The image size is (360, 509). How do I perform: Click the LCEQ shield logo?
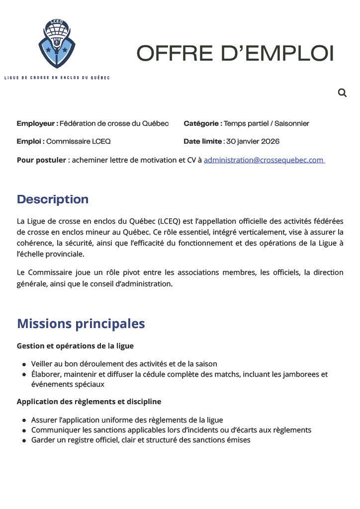pos(56,44)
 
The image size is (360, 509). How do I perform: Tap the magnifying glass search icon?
pos(342,92)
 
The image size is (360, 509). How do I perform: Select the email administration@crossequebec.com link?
pos(264,160)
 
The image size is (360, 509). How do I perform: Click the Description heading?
pos(53,199)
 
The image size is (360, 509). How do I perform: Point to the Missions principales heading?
pos(81,324)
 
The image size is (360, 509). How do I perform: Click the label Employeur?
pos(37,123)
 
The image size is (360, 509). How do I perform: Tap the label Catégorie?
pos(202,123)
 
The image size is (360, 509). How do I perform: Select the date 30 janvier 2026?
pos(253,141)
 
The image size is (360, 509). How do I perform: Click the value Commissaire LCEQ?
pos(79,141)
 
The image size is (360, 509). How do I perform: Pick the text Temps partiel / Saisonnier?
pos(267,123)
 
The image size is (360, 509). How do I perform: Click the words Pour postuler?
pos(41,160)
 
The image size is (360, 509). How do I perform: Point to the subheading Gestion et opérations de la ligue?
pos(75,345)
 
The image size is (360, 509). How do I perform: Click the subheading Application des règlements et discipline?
pos(89,401)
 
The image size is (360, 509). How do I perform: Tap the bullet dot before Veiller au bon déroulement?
pos(24,365)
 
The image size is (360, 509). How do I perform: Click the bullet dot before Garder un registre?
pos(24,440)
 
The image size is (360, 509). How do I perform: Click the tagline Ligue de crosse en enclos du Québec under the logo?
pos(57,78)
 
